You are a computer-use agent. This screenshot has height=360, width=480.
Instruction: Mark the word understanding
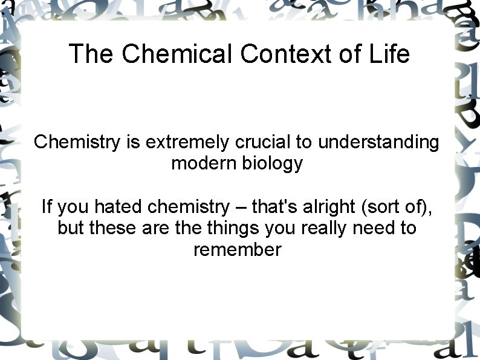coord(378,143)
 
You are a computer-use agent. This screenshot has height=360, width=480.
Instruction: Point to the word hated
coord(119,207)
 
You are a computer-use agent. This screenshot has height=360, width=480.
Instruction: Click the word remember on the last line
coord(237,250)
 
